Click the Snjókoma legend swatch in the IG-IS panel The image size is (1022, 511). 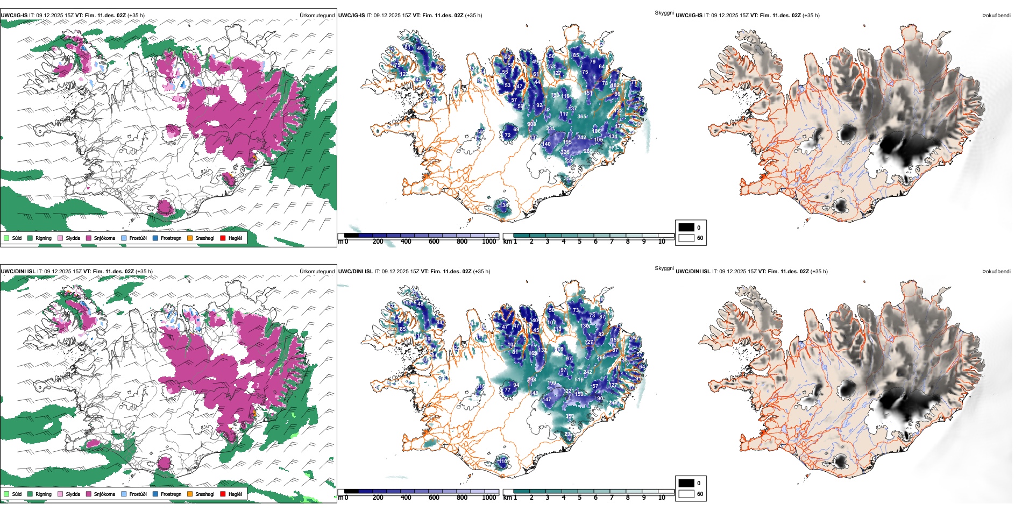tap(89, 238)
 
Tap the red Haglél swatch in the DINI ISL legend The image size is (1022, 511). tap(223, 494)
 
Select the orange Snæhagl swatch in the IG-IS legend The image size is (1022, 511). tap(190, 238)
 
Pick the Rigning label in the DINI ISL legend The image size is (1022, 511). tap(44, 494)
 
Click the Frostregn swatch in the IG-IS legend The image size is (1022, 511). tap(155, 238)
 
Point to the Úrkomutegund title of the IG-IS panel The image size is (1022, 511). tap(317, 15)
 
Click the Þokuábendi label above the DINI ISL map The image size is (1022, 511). tap(996, 271)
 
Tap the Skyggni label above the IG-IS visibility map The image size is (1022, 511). tap(664, 12)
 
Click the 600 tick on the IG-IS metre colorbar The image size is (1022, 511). tap(434, 242)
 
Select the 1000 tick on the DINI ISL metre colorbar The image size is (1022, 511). tap(489, 498)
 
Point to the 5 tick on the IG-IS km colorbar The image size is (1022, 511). tap(580, 242)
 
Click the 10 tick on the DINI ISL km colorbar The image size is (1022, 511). tap(662, 498)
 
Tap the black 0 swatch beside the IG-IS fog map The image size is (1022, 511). tap(686, 228)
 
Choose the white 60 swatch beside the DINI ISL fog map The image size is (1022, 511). tap(686, 494)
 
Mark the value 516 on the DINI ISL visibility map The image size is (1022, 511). tap(579, 380)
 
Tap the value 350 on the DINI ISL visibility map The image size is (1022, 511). tap(570, 416)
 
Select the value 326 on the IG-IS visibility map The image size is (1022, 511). tap(565, 152)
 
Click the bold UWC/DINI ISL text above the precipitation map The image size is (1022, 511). tap(18, 271)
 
